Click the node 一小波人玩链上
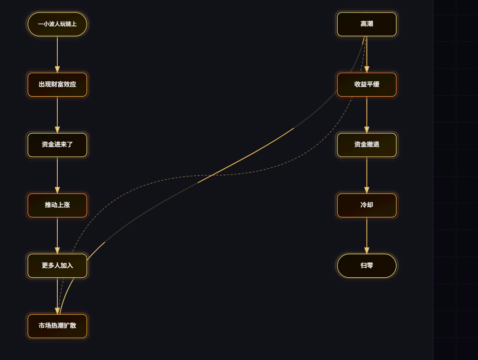pos(57,24)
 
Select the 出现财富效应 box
pos(57,85)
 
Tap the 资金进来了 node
pos(57,145)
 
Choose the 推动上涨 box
pos(57,205)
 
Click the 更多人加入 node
pos(57,266)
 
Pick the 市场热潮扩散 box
pos(57,326)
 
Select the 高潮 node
pos(366,24)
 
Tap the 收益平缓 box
pos(366,85)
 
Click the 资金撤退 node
pos(366,145)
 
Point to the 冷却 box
pos(366,205)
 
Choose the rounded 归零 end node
pos(366,266)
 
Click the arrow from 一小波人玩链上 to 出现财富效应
pos(57,54)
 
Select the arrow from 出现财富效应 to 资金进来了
pos(57,114)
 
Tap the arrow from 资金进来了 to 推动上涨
pos(57,175)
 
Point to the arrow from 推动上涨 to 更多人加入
pos(57,236)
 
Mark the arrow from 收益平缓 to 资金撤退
pos(366,114)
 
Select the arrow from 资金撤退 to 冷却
pos(366,175)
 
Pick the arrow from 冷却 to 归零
pos(366,236)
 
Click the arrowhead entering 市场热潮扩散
pos(57,310)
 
